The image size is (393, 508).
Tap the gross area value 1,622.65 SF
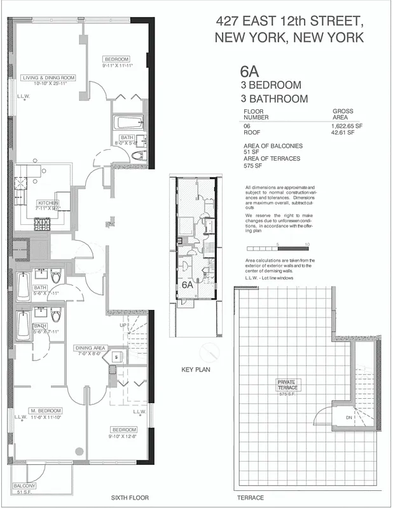[347, 126]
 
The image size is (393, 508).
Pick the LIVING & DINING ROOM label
[49, 77]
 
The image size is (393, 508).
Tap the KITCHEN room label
[48, 203]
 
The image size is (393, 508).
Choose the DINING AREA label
[90, 347]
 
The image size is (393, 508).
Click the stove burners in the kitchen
[43, 224]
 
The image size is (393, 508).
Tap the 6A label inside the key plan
[187, 285]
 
